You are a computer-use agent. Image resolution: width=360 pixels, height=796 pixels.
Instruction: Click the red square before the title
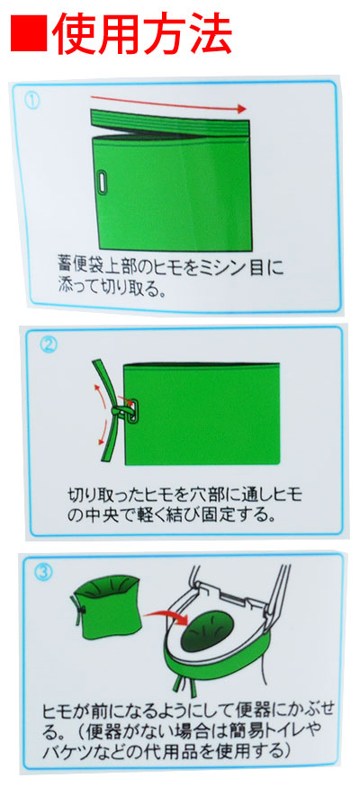tap(29, 33)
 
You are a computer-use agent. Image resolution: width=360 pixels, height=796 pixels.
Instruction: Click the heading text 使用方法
tap(141, 33)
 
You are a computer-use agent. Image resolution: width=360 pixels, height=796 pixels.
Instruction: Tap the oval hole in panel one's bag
tap(104, 183)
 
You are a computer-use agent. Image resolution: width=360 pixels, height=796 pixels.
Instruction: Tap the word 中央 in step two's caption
tap(100, 514)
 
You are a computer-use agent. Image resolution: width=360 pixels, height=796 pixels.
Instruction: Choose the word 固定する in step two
tap(235, 514)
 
